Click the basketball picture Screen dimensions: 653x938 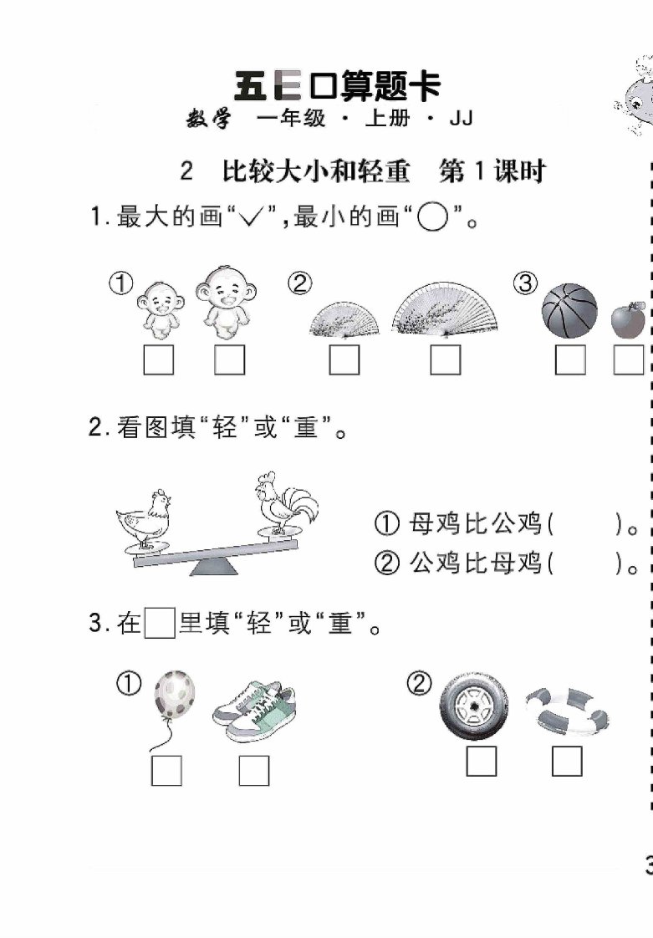coord(569,311)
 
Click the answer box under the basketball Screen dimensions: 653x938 coord(569,360)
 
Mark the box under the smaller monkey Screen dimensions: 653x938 coord(159,360)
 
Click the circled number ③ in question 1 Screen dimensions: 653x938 coord(525,283)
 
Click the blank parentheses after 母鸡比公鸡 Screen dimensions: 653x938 coord(585,525)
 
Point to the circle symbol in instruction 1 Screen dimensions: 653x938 coord(432,217)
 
